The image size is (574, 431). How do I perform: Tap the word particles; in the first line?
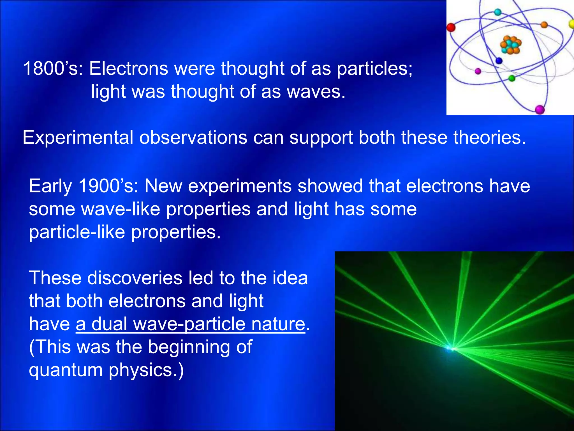pyautogui.click(x=374, y=69)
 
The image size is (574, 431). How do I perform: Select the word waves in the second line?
pyautogui.click(x=316, y=92)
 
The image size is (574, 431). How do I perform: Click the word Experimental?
pyautogui.click(x=78, y=138)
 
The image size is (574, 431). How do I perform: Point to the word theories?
pyautogui.click(x=489, y=137)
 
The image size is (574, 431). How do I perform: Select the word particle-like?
pyautogui.click(x=77, y=232)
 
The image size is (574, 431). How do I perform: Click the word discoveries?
pyautogui.click(x=135, y=278)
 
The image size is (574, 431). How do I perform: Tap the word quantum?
pyautogui.click(x=66, y=370)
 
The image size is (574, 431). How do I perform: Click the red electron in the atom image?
pyautogui.click(x=451, y=27)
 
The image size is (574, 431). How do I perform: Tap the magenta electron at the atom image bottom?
pyautogui.click(x=540, y=109)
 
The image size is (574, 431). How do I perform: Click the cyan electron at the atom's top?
pyautogui.click(x=497, y=12)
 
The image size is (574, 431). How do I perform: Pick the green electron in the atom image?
pyautogui.click(x=512, y=78)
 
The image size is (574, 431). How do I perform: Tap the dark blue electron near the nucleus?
pyautogui.click(x=499, y=61)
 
